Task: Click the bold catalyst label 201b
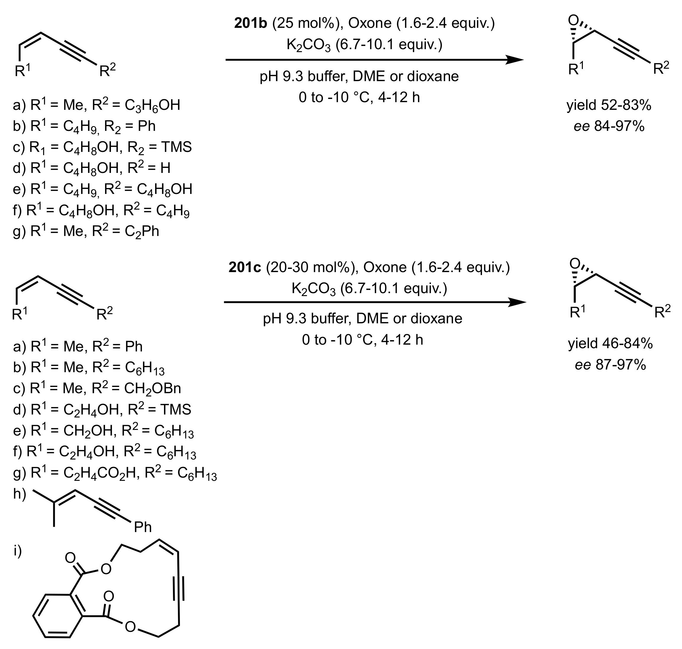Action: click(251, 23)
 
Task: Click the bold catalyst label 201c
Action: click(245, 267)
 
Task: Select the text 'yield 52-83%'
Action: click(609, 105)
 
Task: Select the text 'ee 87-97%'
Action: click(610, 365)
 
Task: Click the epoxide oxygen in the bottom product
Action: click(575, 263)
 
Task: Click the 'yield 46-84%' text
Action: click(610, 343)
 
